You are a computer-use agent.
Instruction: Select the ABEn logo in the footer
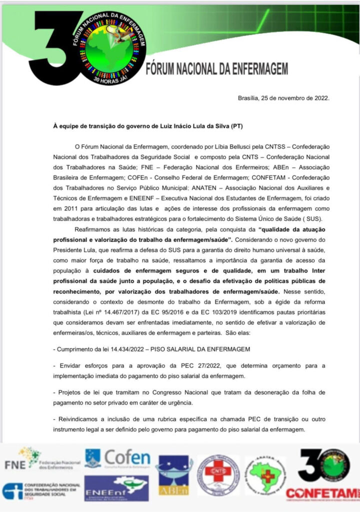click(174, 475)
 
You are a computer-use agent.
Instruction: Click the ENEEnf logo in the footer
click(116, 488)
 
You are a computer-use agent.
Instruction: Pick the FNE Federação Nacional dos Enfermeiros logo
click(42, 458)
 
